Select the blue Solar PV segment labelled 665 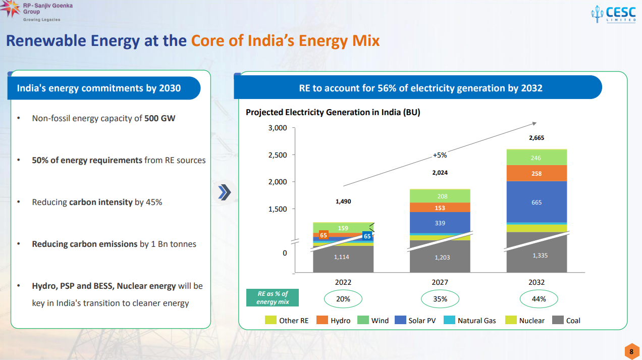[537, 202]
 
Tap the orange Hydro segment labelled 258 [537, 174]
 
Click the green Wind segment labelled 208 [440, 196]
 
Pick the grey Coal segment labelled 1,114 [343, 258]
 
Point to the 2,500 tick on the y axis [278, 155]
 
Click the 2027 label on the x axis [440, 283]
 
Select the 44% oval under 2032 [539, 299]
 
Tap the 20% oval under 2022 [343, 299]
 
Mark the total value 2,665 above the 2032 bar [537, 138]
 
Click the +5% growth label [440, 155]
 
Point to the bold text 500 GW [160, 118]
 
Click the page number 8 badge [631, 351]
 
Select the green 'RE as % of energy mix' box [273, 298]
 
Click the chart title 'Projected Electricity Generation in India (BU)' [333, 112]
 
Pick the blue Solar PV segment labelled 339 [440, 223]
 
